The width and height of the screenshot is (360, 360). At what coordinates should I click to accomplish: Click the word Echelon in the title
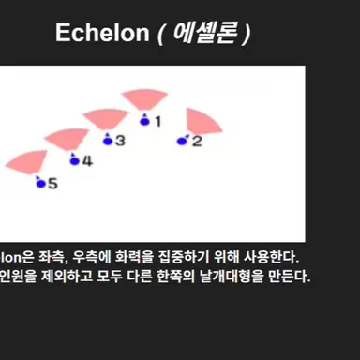coord(102,34)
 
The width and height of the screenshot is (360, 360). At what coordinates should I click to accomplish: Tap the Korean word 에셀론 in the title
coord(205,34)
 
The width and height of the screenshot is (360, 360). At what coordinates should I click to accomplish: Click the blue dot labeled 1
coord(144,120)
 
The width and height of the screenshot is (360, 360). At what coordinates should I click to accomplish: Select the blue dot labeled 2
coord(182,142)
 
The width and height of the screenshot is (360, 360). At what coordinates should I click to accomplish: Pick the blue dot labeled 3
coord(107,141)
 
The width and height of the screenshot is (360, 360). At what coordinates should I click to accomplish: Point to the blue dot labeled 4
coord(73,161)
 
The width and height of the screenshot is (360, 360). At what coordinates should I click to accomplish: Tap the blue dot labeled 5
coord(39,183)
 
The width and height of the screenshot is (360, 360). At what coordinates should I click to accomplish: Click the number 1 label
coord(157,121)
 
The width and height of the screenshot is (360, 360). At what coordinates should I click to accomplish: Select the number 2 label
coord(197,142)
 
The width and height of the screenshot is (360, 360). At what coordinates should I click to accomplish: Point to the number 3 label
coord(120,141)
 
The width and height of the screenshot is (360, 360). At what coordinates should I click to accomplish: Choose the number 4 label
coord(87,161)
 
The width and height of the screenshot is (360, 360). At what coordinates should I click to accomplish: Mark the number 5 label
coord(52,184)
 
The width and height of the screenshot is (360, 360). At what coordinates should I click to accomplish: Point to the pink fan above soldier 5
coord(31,161)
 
